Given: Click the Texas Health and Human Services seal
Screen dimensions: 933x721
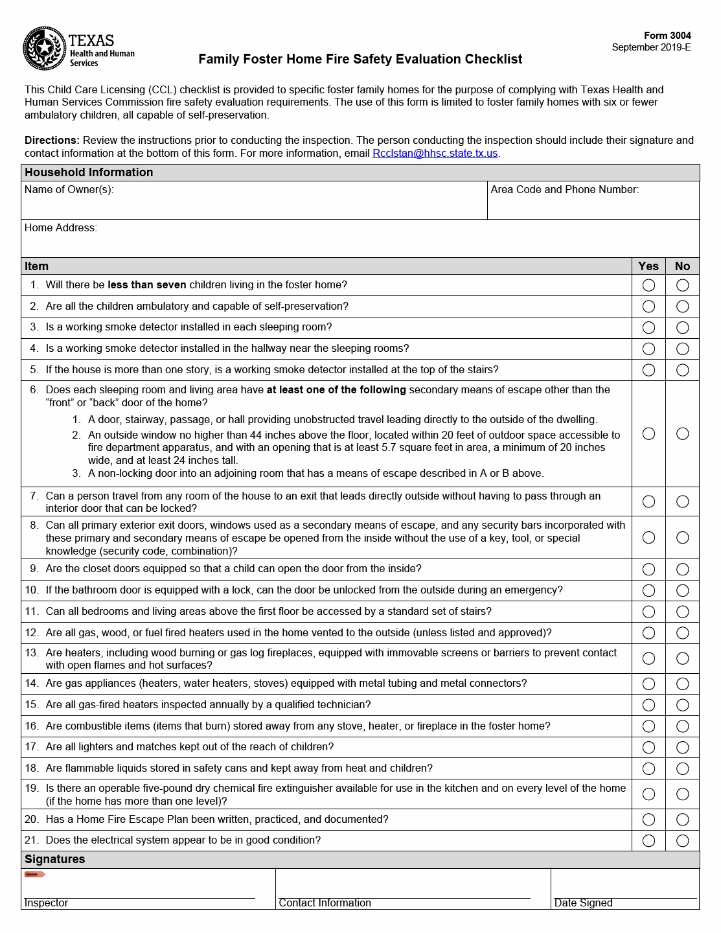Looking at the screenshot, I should click(44, 48).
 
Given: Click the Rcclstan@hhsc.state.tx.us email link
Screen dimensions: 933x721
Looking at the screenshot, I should click(435, 154).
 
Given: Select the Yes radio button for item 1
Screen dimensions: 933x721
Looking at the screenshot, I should click(648, 285).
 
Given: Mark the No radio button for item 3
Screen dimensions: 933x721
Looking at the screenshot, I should click(682, 327).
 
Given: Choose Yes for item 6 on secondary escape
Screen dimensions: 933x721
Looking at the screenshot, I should click(648, 433).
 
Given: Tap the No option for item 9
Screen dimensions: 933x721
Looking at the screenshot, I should click(682, 569).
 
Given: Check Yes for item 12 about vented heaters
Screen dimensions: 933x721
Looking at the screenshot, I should click(648, 633).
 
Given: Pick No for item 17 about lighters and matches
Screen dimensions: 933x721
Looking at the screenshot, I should click(682, 747).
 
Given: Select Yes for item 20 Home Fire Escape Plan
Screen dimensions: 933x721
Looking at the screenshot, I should click(648, 820).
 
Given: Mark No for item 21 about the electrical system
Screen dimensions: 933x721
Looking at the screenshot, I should click(682, 840).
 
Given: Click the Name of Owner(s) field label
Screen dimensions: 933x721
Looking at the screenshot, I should click(69, 190).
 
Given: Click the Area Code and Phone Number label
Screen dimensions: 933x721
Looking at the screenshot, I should click(564, 190).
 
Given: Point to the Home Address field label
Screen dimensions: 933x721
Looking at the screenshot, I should click(61, 228).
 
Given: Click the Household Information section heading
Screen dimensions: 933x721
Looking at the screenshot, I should click(89, 172).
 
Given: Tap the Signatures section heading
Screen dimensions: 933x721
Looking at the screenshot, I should click(55, 859).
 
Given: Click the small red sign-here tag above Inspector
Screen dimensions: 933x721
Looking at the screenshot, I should click(34, 875).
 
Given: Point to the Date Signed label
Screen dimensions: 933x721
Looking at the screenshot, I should click(583, 903).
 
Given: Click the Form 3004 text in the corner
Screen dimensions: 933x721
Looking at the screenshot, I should click(667, 36).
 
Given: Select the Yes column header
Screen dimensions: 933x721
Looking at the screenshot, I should click(648, 266).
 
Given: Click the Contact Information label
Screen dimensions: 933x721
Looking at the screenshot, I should click(325, 903).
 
